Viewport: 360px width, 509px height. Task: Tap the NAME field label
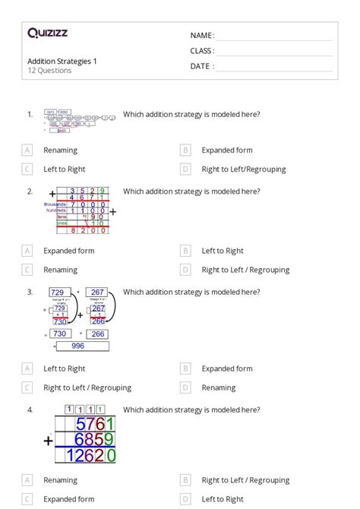coord(202,36)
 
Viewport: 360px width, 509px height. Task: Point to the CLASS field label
coord(202,51)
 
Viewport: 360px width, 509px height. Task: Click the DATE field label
coord(202,66)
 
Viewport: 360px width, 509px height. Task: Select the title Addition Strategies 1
coord(62,61)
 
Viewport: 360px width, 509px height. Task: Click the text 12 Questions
coord(49,71)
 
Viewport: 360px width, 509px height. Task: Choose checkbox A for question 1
coord(27,150)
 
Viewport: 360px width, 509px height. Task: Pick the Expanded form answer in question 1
coord(226,150)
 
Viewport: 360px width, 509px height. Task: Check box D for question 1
coord(185,169)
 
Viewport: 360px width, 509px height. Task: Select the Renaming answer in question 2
coord(60,270)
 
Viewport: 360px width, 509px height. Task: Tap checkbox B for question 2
coord(185,250)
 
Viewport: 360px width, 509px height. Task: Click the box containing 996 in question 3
coord(78,346)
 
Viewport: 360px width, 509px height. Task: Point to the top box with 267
coord(96,292)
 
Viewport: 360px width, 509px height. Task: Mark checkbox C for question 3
coord(27,387)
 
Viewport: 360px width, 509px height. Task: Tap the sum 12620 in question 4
coord(90,456)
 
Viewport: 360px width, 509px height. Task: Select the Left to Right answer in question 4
coord(223,499)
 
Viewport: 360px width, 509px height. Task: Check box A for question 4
coord(27,480)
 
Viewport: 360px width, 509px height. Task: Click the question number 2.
coord(30,191)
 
